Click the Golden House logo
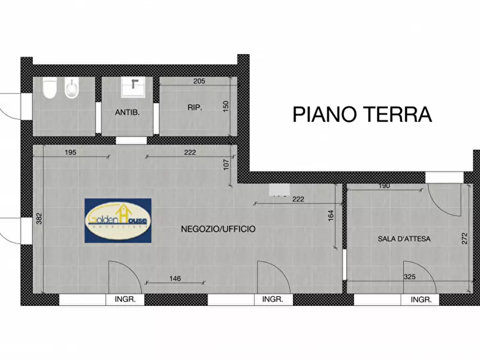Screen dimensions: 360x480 [x=118, y=220]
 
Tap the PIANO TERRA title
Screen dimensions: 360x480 [x=362, y=114]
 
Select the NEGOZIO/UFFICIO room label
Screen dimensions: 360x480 [x=218, y=229]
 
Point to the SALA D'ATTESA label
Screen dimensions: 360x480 [x=404, y=239]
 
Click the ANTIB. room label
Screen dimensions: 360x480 [x=127, y=113]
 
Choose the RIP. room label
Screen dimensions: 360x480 [x=195, y=108]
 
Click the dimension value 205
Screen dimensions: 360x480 [x=199, y=82]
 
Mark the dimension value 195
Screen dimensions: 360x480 [x=70, y=153]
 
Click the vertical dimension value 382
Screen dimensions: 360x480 [x=39, y=219]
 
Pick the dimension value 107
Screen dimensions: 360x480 [x=226, y=164]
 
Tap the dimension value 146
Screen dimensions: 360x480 [x=175, y=278]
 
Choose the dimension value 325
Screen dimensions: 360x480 [x=411, y=277]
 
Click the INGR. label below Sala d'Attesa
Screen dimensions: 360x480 [x=421, y=300]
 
